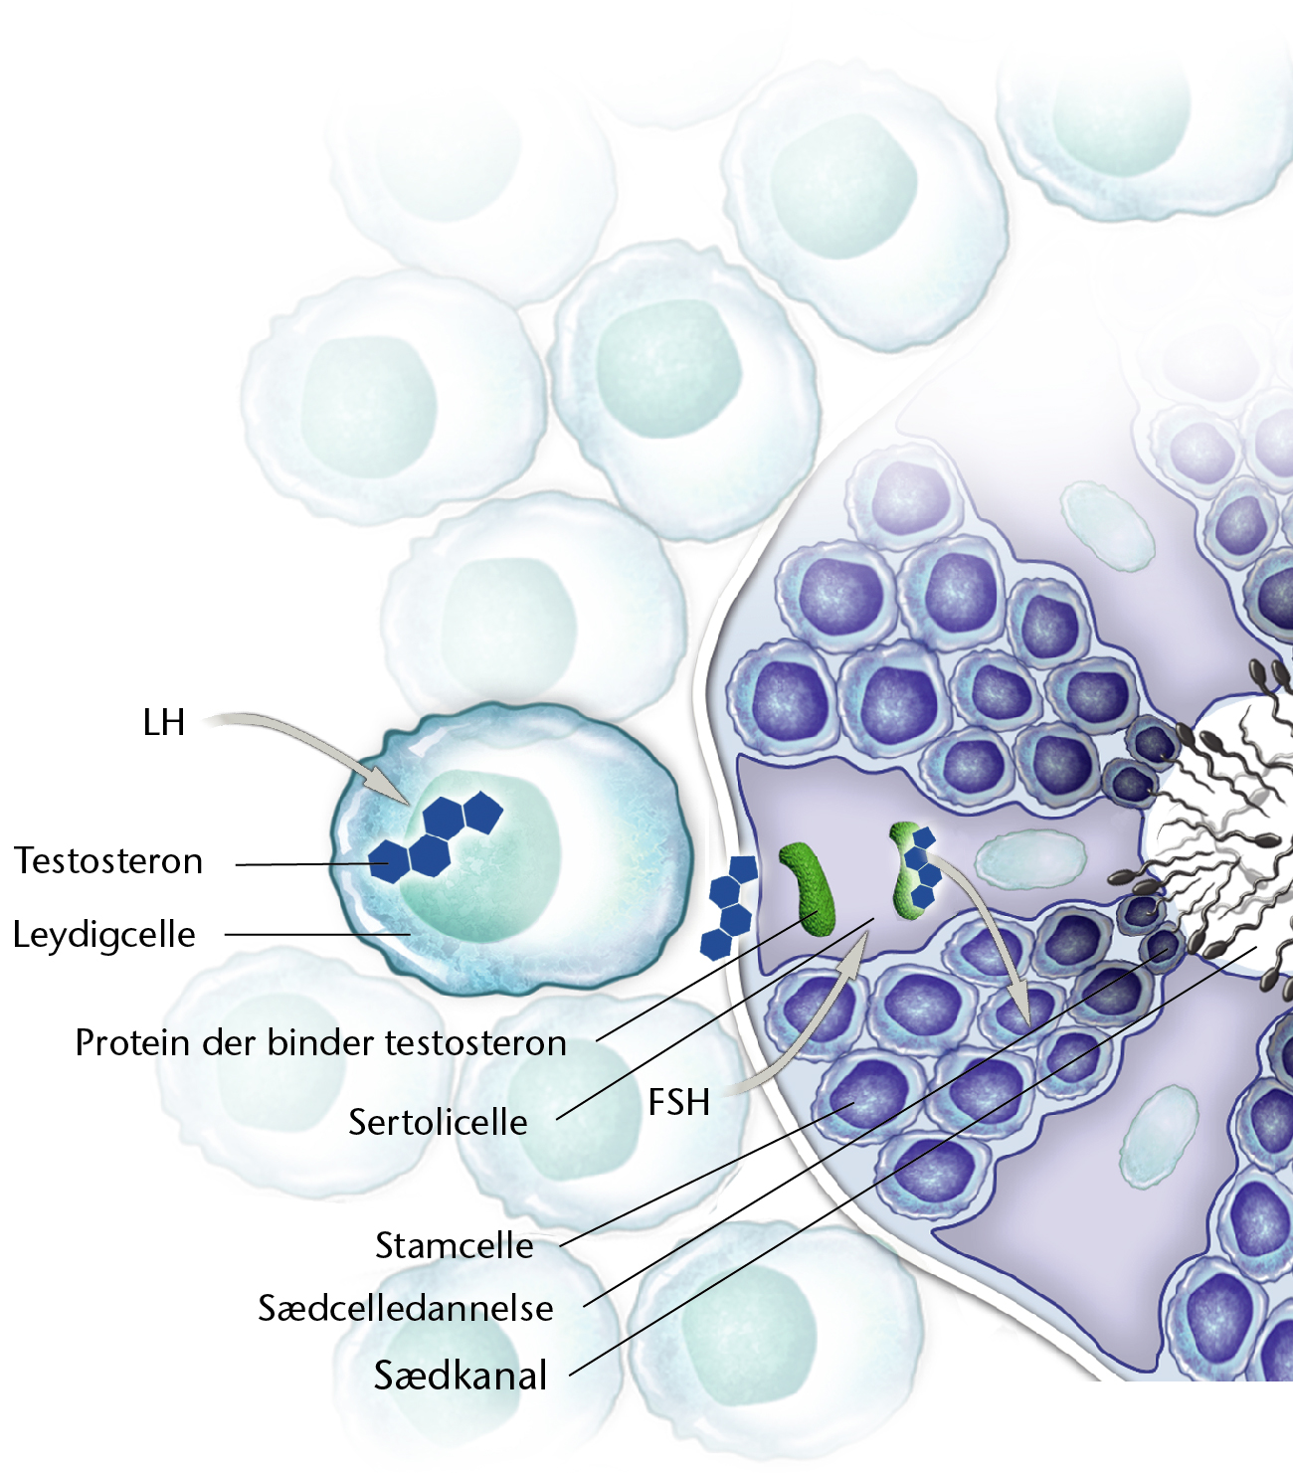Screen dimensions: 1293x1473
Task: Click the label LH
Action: pyautogui.click(x=164, y=723)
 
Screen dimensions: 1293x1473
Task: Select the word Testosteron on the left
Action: pyautogui.click(x=108, y=861)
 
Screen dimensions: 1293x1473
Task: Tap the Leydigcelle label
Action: pyautogui.click(x=104, y=935)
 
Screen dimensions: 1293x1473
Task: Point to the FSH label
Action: pyautogui.click(x=678, y=1102)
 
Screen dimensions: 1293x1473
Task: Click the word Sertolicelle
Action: pyautogui.click(x=438, y=1122)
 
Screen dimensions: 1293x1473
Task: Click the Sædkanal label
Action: pyautogui.click(x=461, y=1376)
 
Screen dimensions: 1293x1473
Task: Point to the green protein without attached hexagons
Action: pyautogui.click(x=809, y=888)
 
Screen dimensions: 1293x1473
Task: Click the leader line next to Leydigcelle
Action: pyautogui.click(x=318, y=934)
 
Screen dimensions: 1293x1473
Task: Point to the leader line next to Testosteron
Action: pyautogui.click(x=312, y=864)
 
